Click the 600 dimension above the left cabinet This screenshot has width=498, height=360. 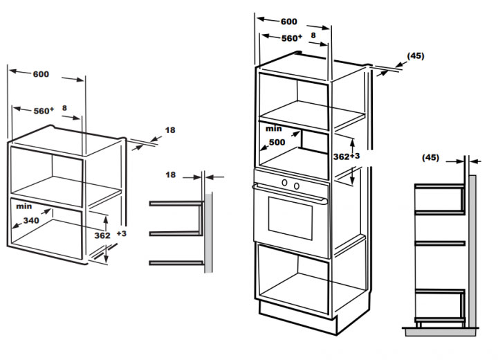coord(41,75)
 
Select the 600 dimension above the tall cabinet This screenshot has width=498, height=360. coord(289,21)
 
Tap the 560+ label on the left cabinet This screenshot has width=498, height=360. coord(44,111)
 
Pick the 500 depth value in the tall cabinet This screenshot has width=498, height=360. coord(277,142)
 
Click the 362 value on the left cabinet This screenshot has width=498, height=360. coord(102,235)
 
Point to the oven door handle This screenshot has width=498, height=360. coord(290,192)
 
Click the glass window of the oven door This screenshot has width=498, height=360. coord(290,218)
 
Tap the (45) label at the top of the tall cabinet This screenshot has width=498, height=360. coord(416,55)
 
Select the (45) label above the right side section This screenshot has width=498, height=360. coord(430,157)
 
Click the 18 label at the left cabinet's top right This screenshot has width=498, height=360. coord(170,130)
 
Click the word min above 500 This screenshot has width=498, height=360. coord(273,129)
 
